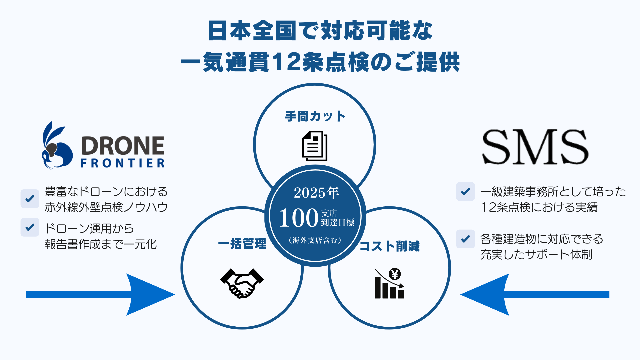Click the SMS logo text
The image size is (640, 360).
pyautogui.click(x=535, y=147)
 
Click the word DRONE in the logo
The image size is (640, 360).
pyautogui.click(x=123, y=146)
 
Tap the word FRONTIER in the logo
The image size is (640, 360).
pyautogui.click(x=123, y=163)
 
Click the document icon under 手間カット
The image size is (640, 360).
pyautogui.click(x=315, y=146)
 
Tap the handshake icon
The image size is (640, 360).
pyautogui.click(x=242, y=283)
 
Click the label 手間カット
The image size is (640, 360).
pyautogui.click(x=315, y=116)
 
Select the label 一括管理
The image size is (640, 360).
pyautogui.click(x=242, y=244)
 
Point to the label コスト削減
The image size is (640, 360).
pyautogui.click(x=389, y=246)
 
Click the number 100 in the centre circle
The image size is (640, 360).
pyautogui.click(x=298, y=218)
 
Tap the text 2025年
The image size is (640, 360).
pyautogui.click(x=316, y=193)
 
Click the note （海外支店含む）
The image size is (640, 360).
pyautogui.click(x=315, y=240)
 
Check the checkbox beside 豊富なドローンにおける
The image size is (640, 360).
pyautogui.click(x=30, y=199)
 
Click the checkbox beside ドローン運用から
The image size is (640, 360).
pyautogui.click(x=30, y=227)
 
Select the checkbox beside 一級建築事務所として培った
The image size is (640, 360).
pyautogui.click(x=465, y=192)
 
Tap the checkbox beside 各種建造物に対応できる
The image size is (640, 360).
pyautogui.click(x=465, y=239)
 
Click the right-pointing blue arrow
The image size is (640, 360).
pyautogui.click(x=100, y=294)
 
